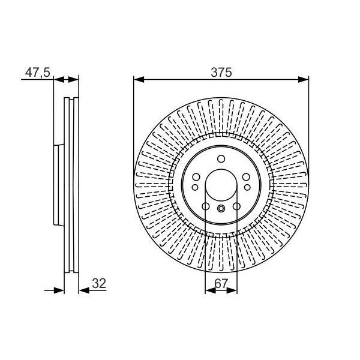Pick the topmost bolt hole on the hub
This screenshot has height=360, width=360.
point(221,159)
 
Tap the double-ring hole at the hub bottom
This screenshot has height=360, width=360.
point(221,209)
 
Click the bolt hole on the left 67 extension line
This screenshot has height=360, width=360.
point(205,207)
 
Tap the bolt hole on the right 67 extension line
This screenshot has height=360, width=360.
point(236,207)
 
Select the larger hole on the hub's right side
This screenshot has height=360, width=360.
point(247,177)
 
